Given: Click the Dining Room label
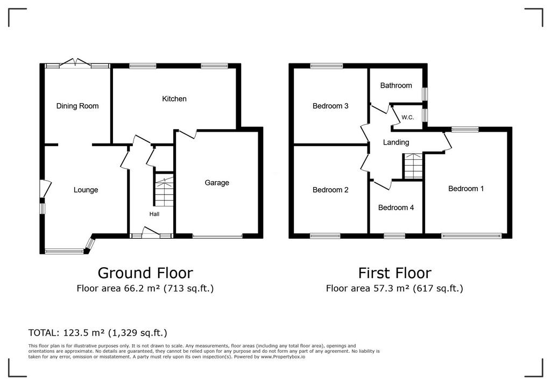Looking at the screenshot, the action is coord(77,106).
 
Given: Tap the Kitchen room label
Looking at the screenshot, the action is coord(174,99).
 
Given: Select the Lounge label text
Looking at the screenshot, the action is coord(86,190).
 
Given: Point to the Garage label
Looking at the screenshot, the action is coord(217,183).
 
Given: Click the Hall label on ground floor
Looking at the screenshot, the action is coord(154,214).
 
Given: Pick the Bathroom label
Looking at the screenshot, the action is coord(396,85).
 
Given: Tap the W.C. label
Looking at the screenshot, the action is coord(408,117).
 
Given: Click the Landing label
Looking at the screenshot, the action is coord(396,142).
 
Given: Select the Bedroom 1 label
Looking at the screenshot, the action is coord(466,189).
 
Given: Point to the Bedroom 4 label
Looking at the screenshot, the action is coord(396,208).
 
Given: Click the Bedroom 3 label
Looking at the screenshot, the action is coord(330,106).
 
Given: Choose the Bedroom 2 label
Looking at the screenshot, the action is coord(330,190).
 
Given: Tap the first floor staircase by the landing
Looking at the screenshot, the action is coord(413,166).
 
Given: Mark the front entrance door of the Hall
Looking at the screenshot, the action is coord(151,232).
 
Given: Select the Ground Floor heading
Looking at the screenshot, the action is coord(145,273).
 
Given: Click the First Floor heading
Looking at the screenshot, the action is coord(394,273).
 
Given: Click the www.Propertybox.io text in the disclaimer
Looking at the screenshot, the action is coord(283,357).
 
